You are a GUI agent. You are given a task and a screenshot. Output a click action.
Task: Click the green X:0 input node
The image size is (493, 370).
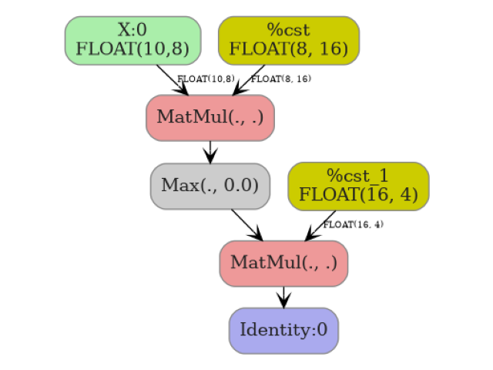point(132,40)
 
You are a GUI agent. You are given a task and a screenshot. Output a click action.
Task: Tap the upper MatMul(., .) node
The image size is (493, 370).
point(210,118)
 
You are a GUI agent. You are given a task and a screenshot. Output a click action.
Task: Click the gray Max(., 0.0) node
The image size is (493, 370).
point(210,186)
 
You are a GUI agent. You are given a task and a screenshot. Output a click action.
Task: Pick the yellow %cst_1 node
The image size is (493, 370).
point(358,186)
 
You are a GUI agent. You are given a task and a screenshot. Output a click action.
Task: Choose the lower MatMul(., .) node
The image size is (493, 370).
point(283,263)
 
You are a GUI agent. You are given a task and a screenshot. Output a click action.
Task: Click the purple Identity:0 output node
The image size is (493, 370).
point(283,330)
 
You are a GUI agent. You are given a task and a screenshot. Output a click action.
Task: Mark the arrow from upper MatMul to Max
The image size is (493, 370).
point(210,152)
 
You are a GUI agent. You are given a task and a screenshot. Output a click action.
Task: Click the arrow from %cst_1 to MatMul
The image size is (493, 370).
point(321,225)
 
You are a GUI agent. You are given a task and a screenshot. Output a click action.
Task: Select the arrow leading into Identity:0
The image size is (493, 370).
point(283,297)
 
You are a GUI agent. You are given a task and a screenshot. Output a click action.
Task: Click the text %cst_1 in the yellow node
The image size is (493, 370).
point(357,176)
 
